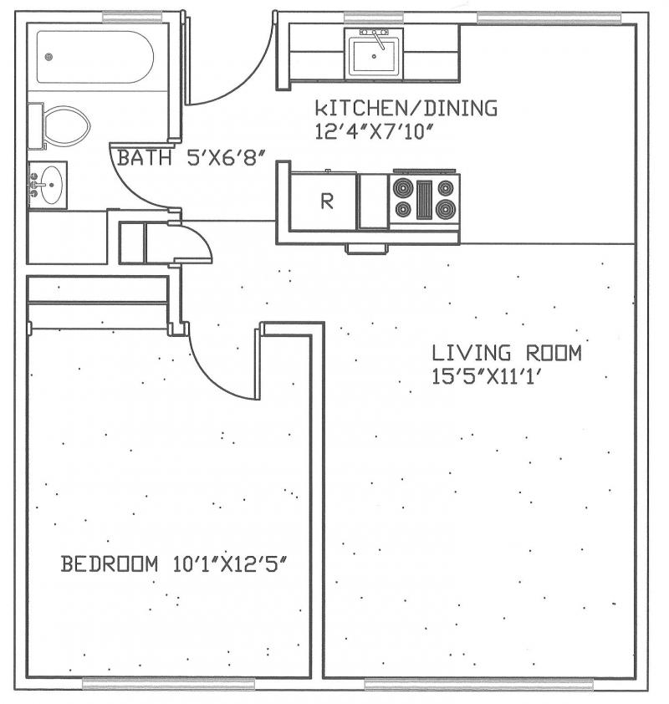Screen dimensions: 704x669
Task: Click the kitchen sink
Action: (374, 54)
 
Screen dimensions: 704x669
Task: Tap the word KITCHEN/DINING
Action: (406, 108)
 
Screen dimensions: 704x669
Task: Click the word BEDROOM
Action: (109, 564)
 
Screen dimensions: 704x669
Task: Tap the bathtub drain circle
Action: (49, 57)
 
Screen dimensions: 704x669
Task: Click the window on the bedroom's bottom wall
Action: (168, 683)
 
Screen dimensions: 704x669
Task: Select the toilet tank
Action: (35, 125)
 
